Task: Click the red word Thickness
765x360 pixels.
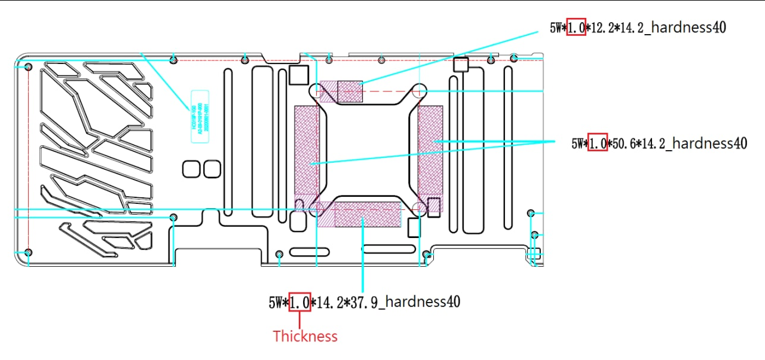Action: click(305, 336)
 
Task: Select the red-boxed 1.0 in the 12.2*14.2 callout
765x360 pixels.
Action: click(576, 27)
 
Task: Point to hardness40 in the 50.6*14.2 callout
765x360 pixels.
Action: click(711, 143)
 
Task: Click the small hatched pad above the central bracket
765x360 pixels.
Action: click(350, 91)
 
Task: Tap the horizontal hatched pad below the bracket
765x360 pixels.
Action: click(367, 214)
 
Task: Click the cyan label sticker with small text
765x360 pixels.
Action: click(199, 116)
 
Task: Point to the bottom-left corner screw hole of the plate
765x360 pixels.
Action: click(28, 252)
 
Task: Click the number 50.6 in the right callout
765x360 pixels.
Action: click(622, 143)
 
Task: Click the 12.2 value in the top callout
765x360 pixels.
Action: click(599, 28)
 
